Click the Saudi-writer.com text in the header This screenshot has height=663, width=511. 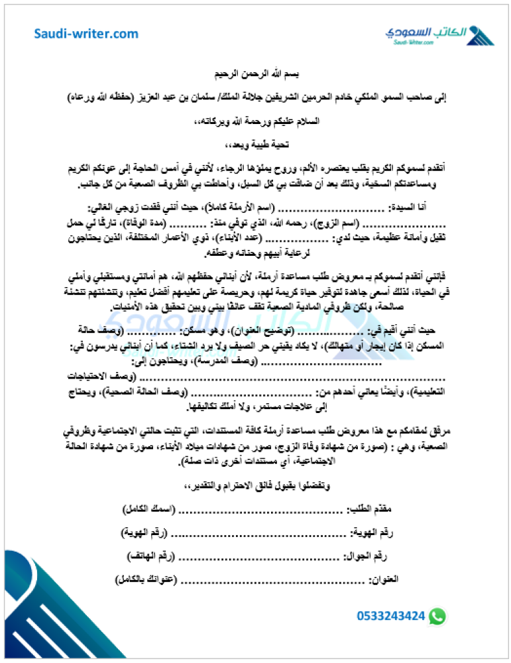(x=86, y=34)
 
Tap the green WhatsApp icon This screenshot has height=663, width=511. (x=437, y=616)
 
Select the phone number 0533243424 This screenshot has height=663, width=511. (x=390, y=616)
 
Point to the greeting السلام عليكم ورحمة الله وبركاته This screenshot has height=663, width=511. (x=255, y=122)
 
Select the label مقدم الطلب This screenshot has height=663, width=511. (x=370, y=509)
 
